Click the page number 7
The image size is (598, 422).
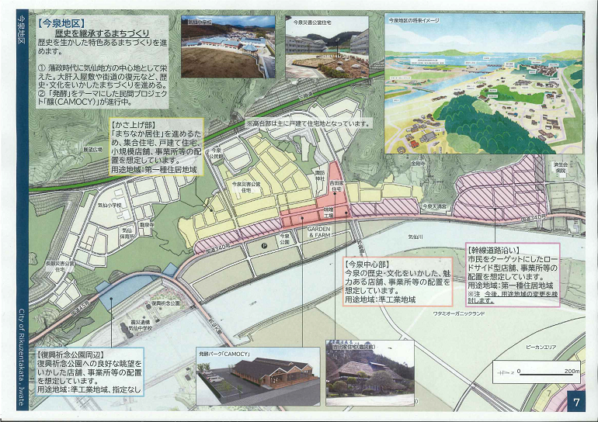tap(575, 403)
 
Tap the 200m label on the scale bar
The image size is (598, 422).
tap(572, 371)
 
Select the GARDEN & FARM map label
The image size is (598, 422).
tap(319, 233)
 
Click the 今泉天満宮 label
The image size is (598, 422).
tap(434, 206)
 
